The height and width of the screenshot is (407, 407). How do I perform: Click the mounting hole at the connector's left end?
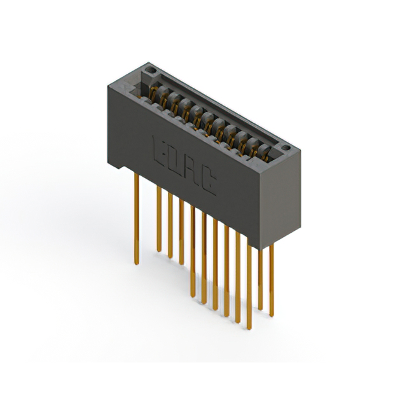point(150,70)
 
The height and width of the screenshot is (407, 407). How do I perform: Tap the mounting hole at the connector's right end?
point(286,148)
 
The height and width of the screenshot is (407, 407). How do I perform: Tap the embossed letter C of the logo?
point(208,182)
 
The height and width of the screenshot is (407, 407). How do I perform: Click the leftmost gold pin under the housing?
point(137,219)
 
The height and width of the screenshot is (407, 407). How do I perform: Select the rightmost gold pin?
point(272,280)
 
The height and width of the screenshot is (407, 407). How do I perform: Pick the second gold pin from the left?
point(159,219)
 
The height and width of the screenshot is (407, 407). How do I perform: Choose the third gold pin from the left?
point(170,225)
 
